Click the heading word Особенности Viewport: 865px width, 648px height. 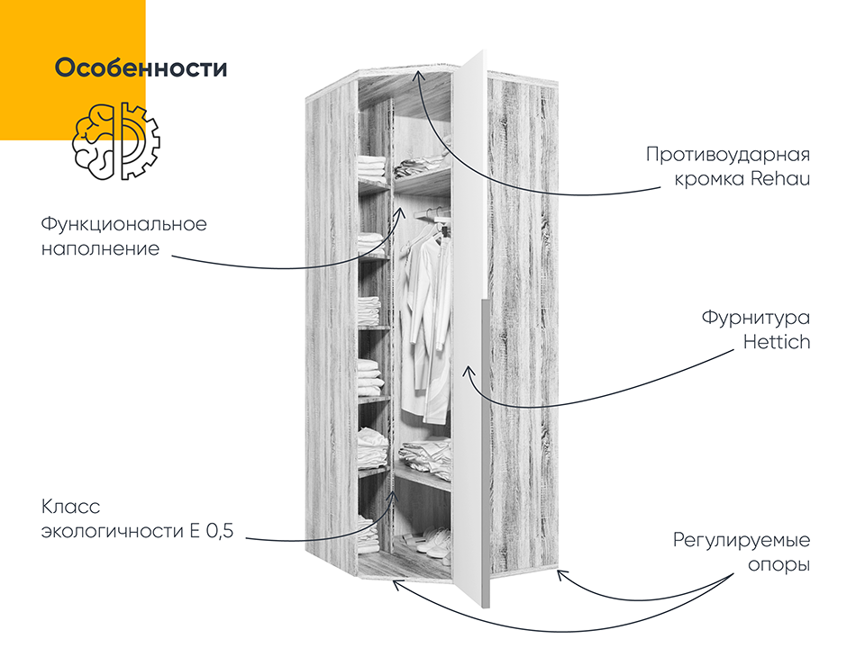coord(141,67)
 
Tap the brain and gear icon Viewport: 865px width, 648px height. coord(116,141)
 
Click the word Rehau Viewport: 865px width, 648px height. coord(780,178)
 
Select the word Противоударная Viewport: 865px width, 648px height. coord(728,154)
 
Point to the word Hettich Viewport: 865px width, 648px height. coord(777,342)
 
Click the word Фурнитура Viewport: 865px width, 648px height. coord(756,318)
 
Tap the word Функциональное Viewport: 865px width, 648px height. coord(124,224)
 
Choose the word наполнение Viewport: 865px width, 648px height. coord(100,249)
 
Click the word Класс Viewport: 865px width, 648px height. coord(70,507)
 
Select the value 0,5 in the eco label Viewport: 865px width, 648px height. coord(220,531)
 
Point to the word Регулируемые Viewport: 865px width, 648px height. coord(742,541)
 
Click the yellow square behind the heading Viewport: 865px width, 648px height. coord(73,70)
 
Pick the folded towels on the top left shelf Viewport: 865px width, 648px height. coord(372,168)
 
